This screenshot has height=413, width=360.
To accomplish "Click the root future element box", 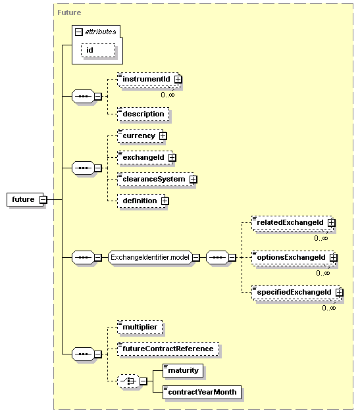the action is [x=25, y=199].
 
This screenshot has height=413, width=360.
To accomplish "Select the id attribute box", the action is [x=98, y=50].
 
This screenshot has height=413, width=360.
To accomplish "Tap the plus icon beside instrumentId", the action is [x=178, y=79].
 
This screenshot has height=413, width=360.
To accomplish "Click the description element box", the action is [x=143, y=114].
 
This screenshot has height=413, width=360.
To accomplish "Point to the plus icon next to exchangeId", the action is [x=172, y=158].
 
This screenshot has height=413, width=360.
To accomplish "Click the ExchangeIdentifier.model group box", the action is [x=150, y=257].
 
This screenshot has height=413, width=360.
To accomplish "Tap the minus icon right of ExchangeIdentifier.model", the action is [x=196, y=257].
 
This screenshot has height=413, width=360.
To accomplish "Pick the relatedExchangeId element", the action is [x=292, y=222].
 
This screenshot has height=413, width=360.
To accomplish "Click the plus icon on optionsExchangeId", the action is [x=334, y=257].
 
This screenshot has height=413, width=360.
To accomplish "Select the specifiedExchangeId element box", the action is [x=296, y=293].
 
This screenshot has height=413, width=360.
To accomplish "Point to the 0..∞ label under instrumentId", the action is [x=168, y=95].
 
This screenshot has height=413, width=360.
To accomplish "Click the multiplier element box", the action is [x=140, y=327].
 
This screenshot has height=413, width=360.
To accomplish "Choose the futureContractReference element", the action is [x=168, y=349].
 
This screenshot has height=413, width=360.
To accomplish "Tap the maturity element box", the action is [x=183, y=371].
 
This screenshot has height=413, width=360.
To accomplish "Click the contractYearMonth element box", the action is [x=202, y=392].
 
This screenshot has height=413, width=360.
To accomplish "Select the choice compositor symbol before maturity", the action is [x=128, y=381].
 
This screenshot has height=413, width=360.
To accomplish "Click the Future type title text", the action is [x=69, y=12].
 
